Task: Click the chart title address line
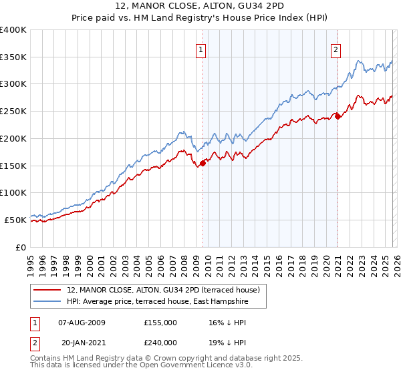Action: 200,7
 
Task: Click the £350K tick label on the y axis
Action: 13,57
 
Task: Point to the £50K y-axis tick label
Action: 15,220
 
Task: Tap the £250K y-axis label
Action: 13,112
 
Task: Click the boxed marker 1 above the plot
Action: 201,48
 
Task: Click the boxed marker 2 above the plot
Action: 336,48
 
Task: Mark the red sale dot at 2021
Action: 338,116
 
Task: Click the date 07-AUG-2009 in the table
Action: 82,323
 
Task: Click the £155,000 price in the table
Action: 160,323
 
